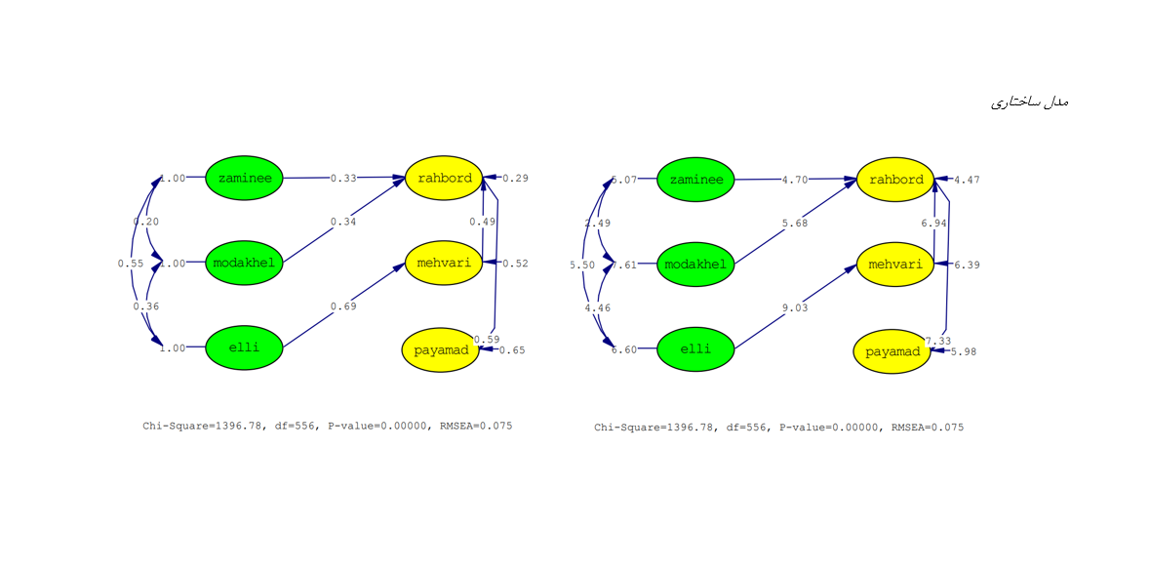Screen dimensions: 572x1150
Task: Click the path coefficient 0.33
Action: (x=343, y=179)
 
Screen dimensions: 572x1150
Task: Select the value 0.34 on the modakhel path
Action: (x=343, y=222)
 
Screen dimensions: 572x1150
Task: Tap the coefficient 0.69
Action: (x=343, y=306)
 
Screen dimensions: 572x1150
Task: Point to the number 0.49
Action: (x=482, y=222)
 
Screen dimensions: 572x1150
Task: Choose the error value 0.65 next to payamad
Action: (x=512, y=350)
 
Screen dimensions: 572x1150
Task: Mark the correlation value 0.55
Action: (x=131, y=264)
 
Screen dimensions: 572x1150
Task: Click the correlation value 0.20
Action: (x=146, y=222)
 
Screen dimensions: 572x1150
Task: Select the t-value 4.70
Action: (x=795, y=180)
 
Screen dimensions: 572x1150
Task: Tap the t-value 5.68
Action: (x=795, y=223)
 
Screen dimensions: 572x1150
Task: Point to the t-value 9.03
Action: (x=795, y=307)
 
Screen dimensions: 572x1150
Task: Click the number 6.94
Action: (x=934, y=224)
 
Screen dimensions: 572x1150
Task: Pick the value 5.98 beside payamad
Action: (x=963, y=351)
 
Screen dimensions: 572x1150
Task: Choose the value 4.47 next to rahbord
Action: (x=968, y=180)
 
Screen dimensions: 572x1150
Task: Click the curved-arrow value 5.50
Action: (x=582, y=265)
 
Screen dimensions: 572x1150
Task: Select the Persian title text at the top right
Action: (x=1030, y=102)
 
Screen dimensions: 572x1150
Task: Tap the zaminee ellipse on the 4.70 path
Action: (x=695, y=180)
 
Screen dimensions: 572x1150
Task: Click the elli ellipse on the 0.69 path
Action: (x=244, y=348)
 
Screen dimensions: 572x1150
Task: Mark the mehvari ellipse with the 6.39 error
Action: (x=894, y=265)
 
